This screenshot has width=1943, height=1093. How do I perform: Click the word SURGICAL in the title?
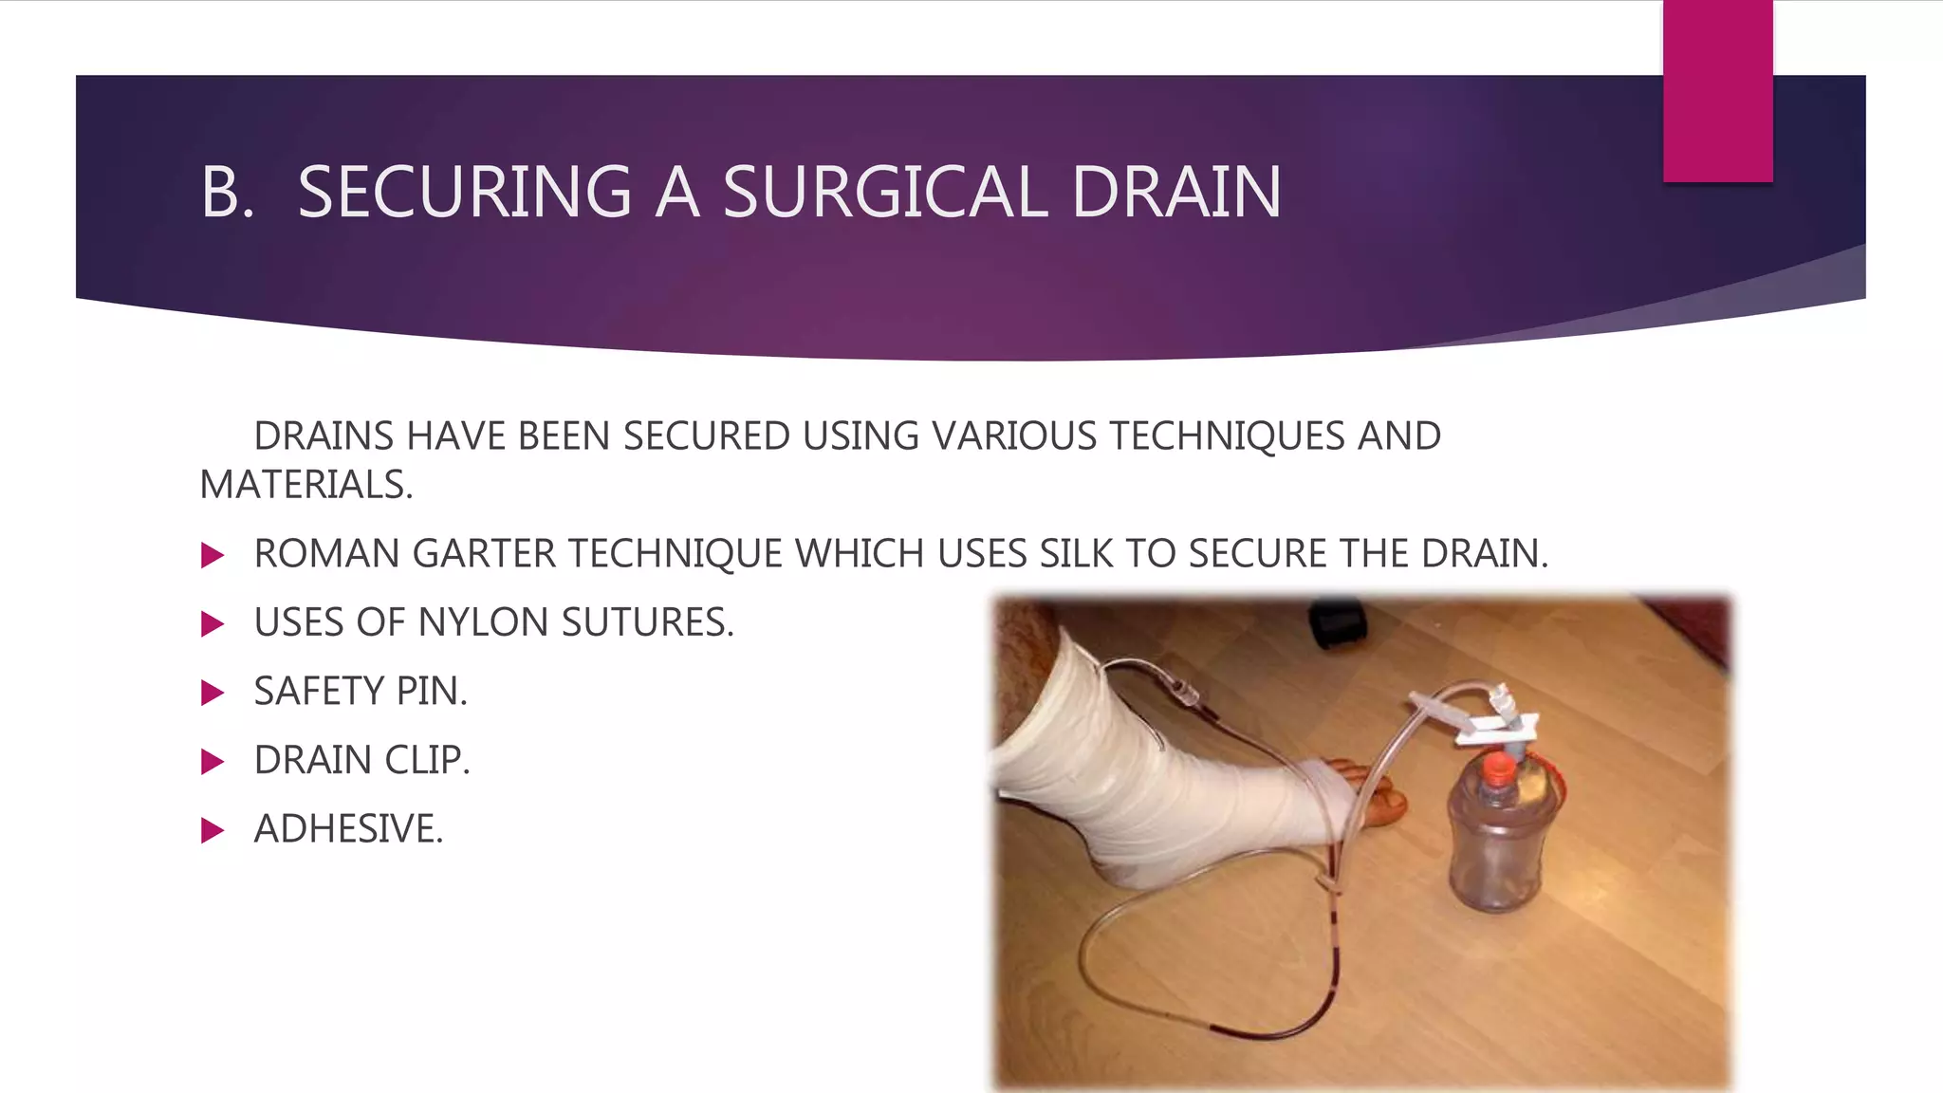point(885,193)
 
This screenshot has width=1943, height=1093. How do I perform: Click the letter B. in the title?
point(227,193)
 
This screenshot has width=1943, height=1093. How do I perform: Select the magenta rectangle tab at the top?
point(1717,90)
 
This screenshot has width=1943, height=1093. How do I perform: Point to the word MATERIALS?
point(305,485)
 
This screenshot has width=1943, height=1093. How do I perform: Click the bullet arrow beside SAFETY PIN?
point(213,693)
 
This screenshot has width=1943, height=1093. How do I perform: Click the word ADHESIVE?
point(348,829)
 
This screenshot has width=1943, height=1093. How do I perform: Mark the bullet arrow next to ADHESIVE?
point(213,831)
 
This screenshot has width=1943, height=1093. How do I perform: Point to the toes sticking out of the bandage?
point(1376,797)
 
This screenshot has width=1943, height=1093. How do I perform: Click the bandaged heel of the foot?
point(1129,854)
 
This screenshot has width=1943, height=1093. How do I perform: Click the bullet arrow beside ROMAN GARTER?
point(213,555)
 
